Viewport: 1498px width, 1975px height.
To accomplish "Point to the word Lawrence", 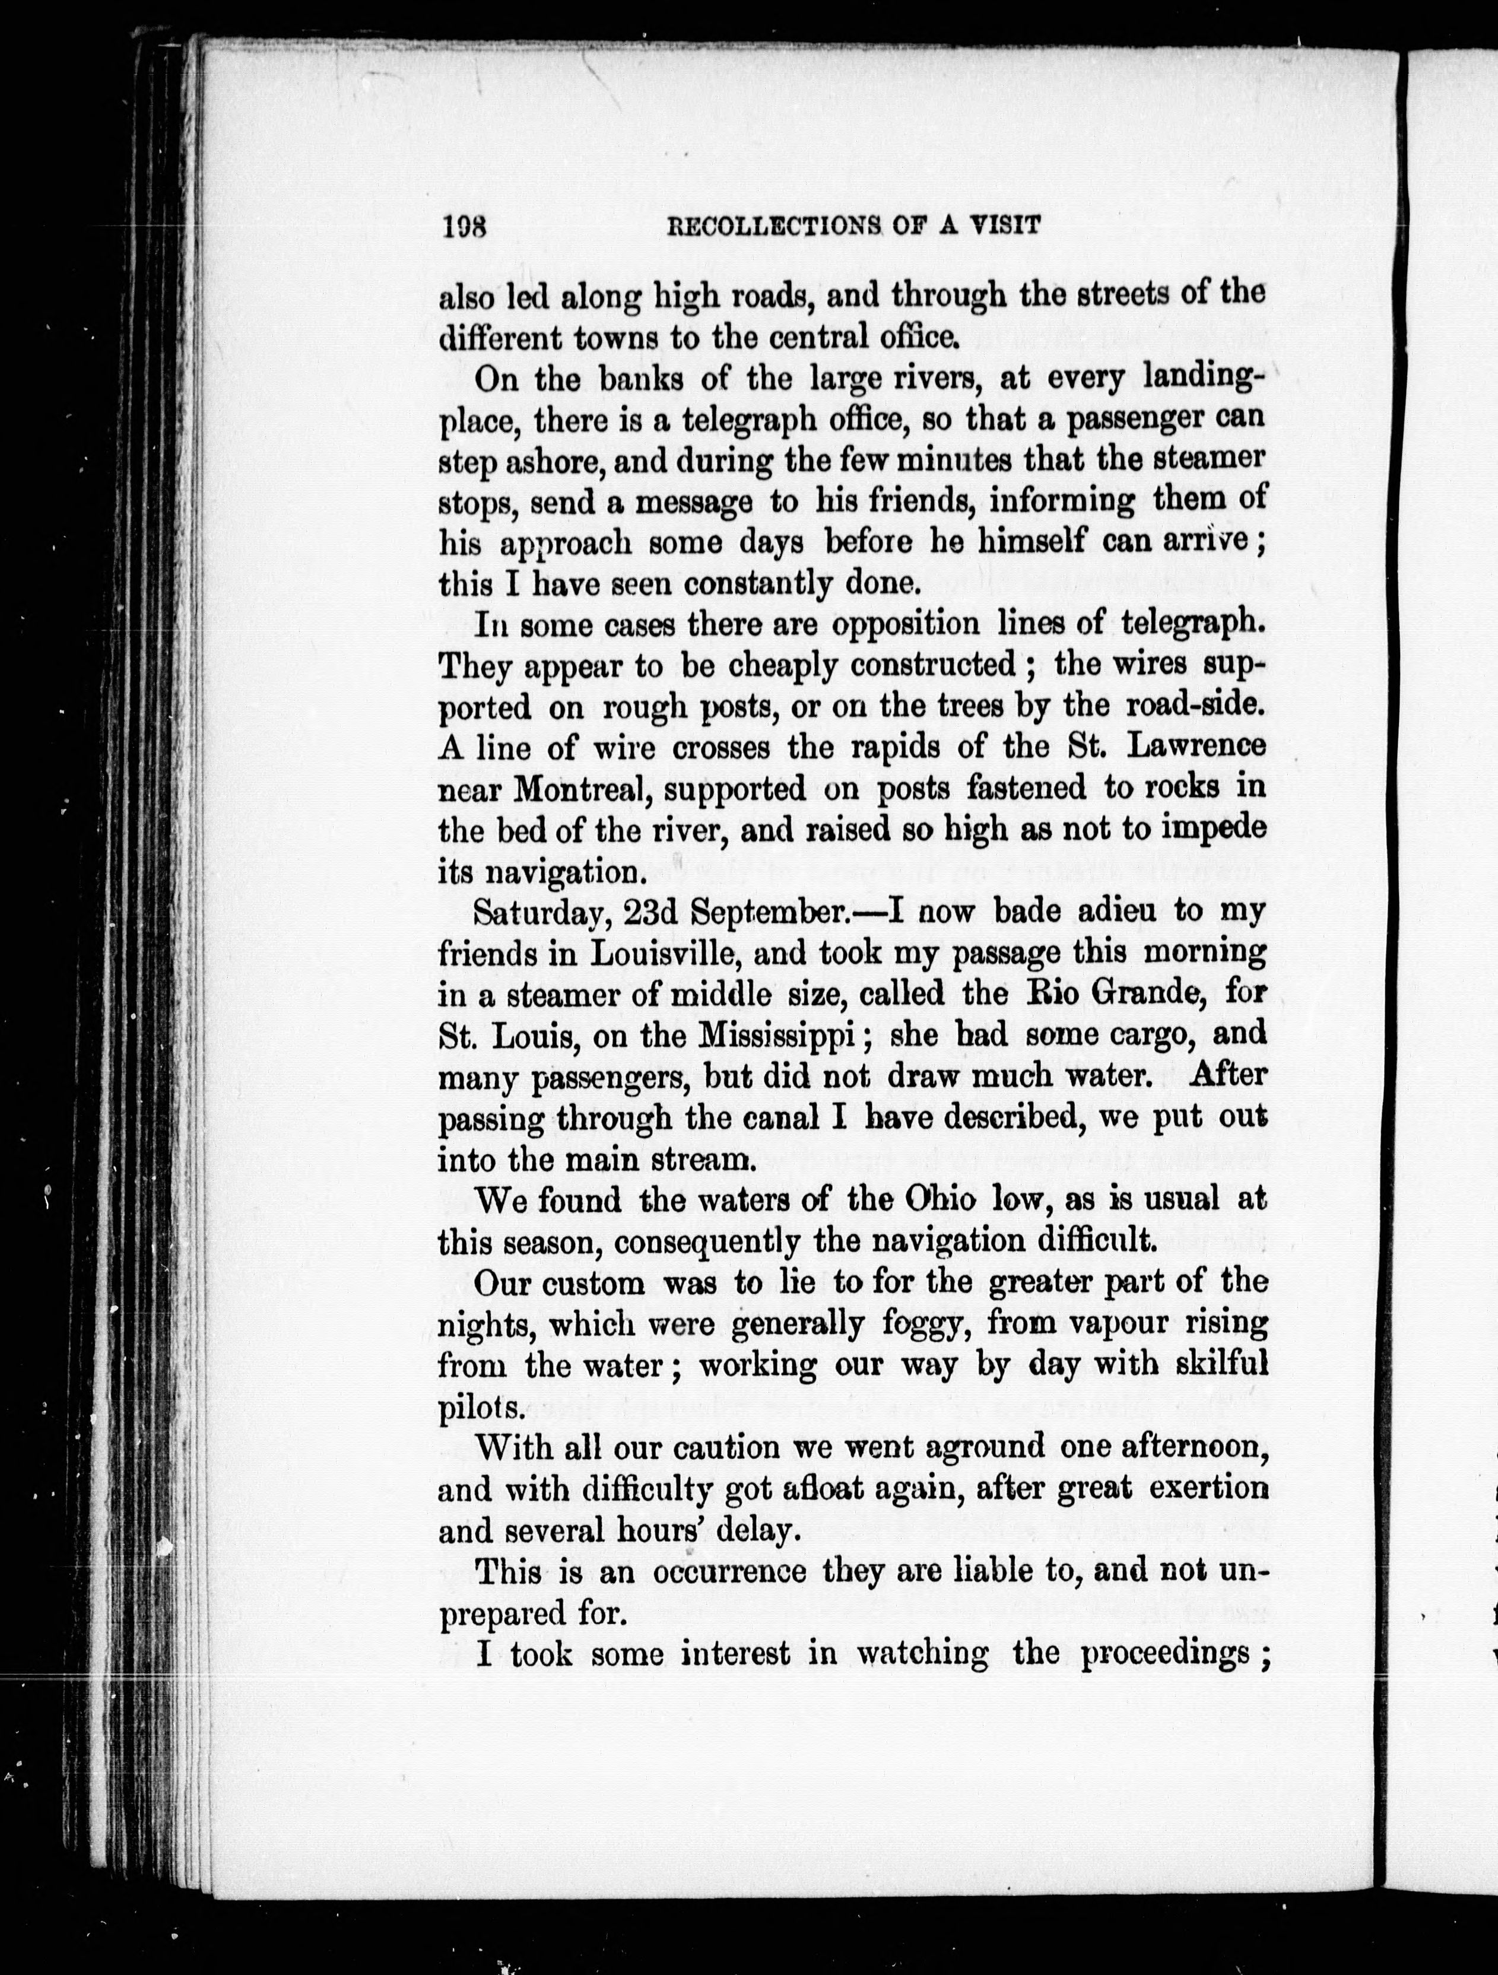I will (1197, 747).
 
